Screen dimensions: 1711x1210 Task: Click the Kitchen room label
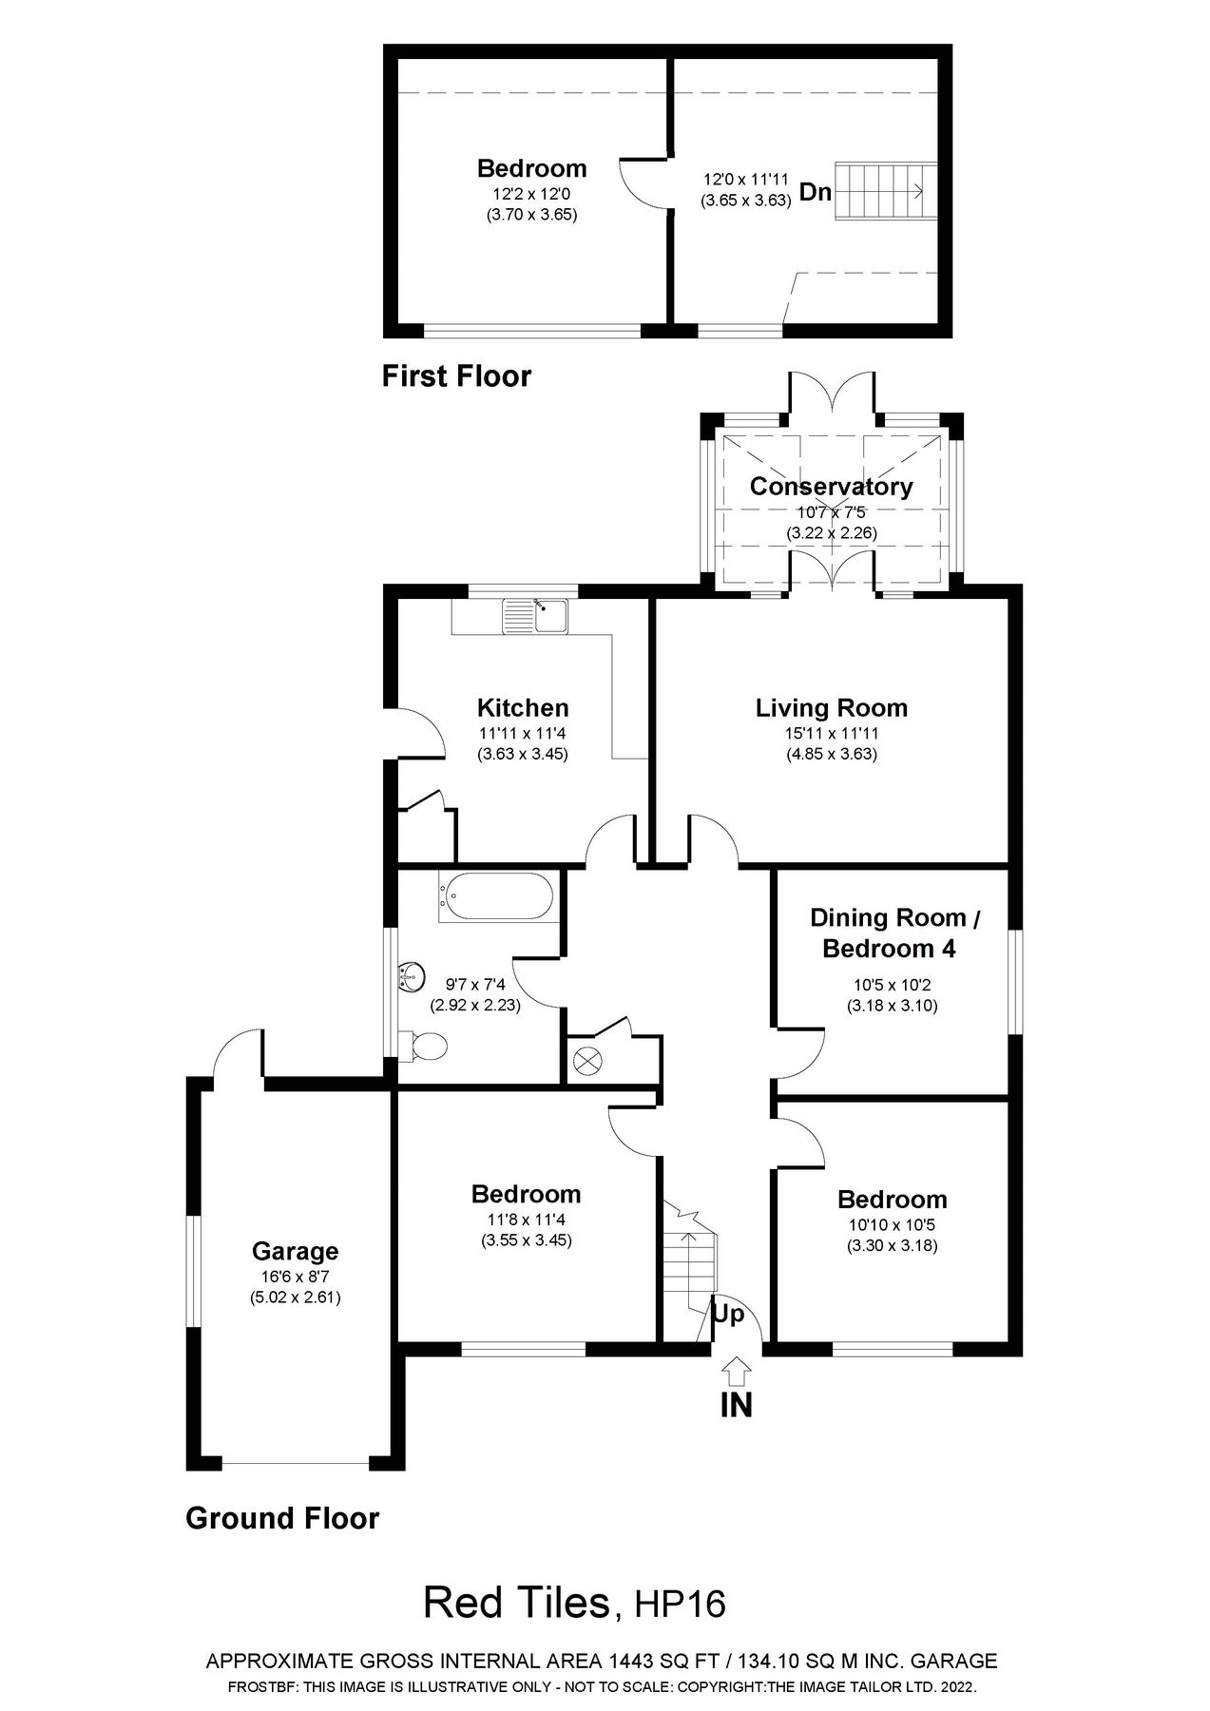[x=522, y=708]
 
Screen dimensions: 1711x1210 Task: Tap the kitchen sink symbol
[x=534, y=617]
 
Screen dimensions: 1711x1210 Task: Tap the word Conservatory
[x=831, y=487]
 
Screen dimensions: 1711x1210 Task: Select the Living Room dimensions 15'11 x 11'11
[x=831, y=734]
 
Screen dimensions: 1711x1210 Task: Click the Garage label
[x=295, y=1252]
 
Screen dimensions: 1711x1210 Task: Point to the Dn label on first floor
[x=815, y=193]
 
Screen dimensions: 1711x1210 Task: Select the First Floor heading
[x=456, y=376]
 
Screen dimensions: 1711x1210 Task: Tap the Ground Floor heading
[x=282, y=1518]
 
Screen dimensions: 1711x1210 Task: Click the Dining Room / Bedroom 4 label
[x=893, y=932]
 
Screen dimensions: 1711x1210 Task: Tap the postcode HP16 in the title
[x=681, y=1605]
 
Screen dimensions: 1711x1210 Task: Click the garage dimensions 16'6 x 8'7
[x=295, y=1277]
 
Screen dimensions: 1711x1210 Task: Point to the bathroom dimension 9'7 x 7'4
[x=475, y=985]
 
